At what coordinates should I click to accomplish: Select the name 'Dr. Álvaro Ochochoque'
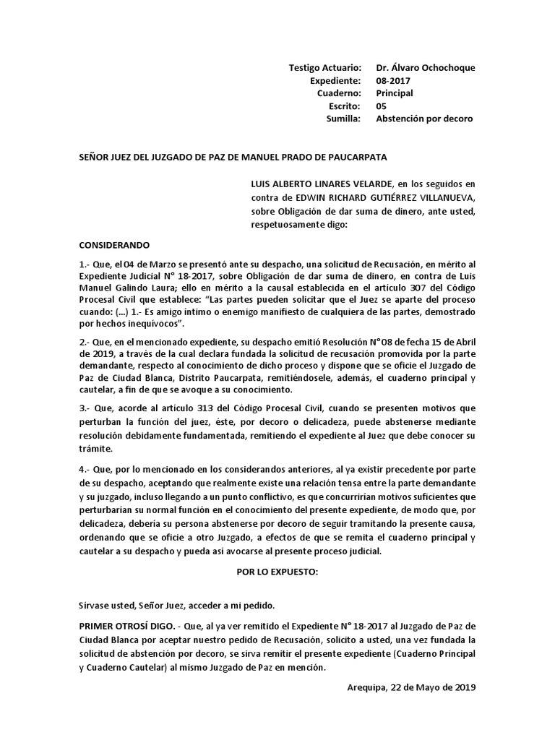coord(426,67)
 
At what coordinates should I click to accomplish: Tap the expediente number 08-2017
coord(391,80)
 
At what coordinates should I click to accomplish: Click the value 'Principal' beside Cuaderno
coord(395,93)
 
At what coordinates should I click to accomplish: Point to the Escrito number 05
coord(381,106)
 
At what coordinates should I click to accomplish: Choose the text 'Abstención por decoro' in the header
coord(424,119)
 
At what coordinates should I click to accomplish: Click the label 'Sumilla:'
coord(343,119)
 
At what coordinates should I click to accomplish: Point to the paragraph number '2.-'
coord(85,340)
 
